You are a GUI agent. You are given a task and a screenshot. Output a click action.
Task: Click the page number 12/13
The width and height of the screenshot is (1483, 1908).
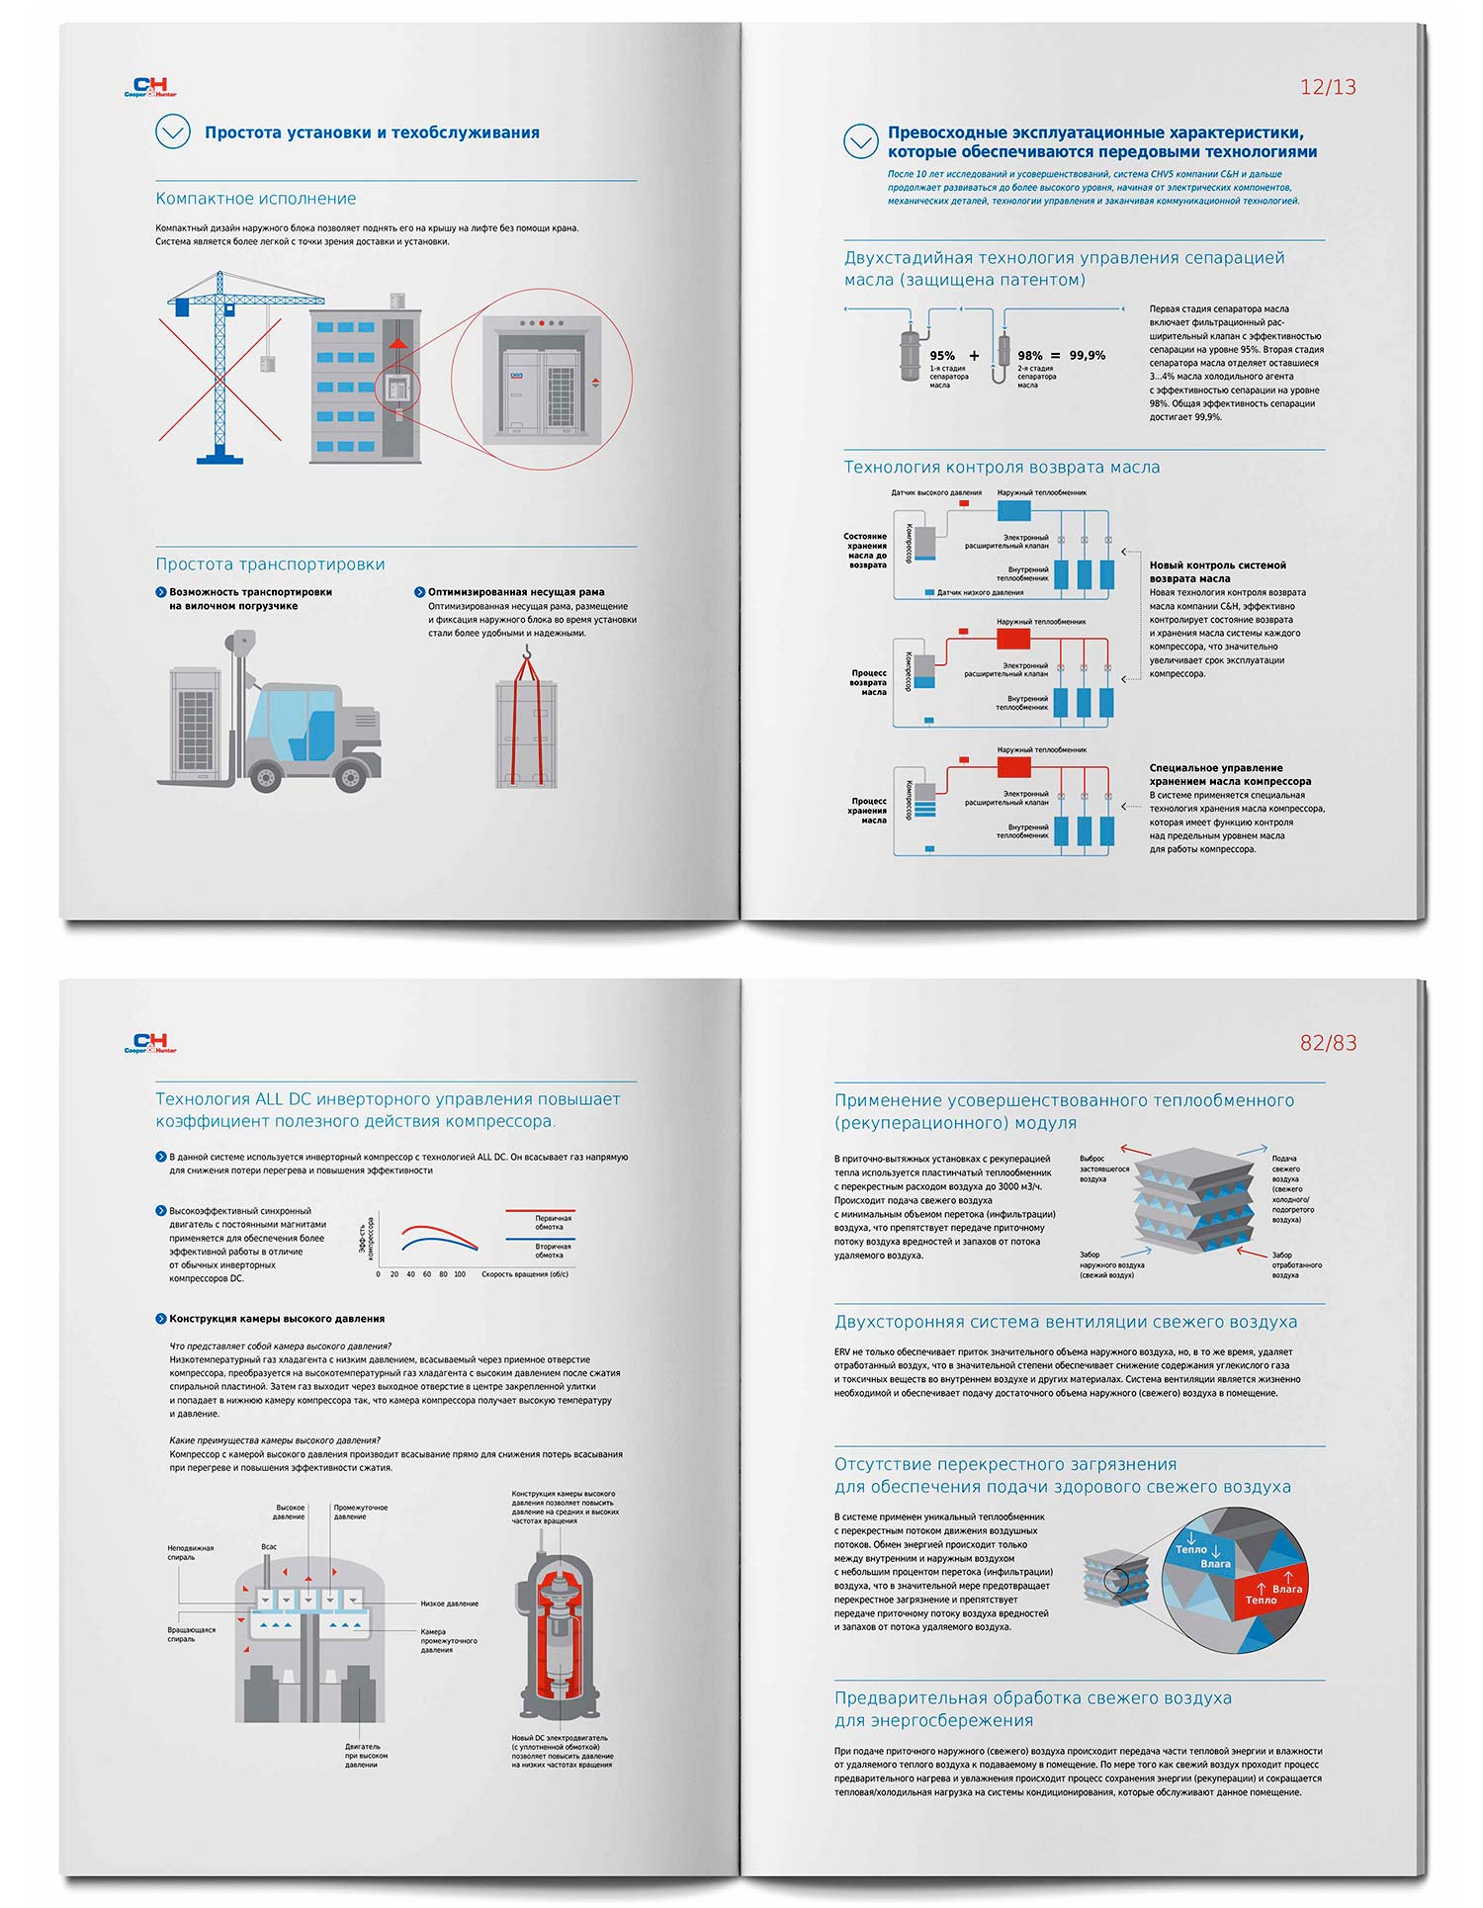tap(1327, 87)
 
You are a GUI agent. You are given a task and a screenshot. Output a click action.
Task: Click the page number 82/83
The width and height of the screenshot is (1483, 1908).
tap(1327, 1043)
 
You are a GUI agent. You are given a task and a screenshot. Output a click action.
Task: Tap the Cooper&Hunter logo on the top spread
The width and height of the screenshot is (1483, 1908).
tap(150, 88)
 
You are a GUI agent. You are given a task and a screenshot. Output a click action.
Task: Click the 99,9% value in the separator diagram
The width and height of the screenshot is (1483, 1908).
tap(1087, 355)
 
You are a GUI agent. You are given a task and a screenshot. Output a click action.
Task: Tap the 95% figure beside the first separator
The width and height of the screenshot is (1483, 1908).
tap(941, 356)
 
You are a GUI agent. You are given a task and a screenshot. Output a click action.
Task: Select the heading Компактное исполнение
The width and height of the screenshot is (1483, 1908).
tap(255, 199)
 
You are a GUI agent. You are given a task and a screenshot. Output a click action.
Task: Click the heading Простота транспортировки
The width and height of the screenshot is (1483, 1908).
tap(270, 564)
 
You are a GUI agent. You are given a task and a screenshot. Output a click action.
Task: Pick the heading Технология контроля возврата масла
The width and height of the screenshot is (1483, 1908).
tap(1001, 468)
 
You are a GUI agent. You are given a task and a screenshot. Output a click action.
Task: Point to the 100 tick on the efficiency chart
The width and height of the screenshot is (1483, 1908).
tap(459, 1274)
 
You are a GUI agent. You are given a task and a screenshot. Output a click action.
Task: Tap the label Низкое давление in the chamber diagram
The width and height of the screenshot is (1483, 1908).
tap(449, 1604)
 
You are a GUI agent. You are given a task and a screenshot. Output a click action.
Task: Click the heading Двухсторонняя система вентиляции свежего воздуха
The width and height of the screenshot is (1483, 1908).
tap(1065, 1323)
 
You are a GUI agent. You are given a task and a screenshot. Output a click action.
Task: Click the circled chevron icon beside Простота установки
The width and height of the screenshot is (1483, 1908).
tap(173, 131)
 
